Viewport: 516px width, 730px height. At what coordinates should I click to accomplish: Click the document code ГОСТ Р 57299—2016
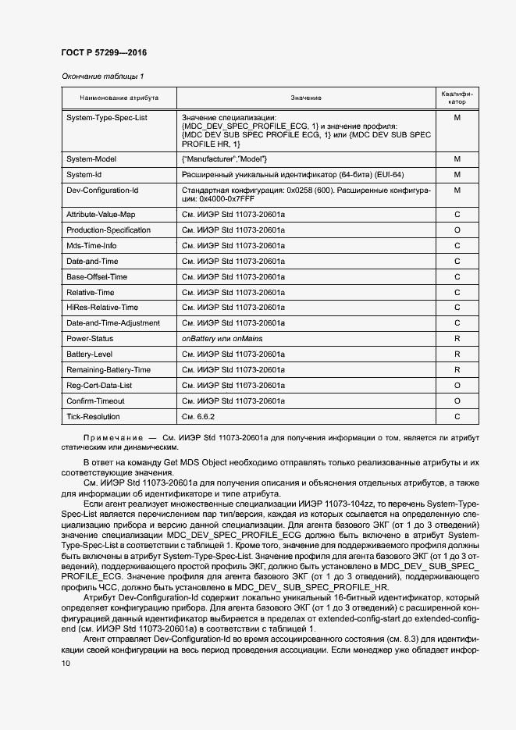pos(104,53)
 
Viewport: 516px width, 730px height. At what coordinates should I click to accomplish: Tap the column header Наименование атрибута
pos(119,98)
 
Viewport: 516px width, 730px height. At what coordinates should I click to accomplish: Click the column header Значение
pos(306,98)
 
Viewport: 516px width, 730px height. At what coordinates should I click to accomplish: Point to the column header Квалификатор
pos(457,98)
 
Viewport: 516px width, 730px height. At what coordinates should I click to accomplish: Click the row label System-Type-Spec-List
pos(107,117)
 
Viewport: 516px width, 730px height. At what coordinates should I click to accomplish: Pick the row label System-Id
pos(84,174)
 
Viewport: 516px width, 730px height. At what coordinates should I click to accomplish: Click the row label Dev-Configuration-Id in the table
pos(102,190)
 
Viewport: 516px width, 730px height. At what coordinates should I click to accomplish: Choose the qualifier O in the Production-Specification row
pos(457,230)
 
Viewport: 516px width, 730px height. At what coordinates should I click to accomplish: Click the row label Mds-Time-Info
pos(91,246)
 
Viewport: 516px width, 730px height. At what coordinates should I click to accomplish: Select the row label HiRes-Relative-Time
pos(102,308)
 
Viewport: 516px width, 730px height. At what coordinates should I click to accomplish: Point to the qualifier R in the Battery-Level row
pos(457,354)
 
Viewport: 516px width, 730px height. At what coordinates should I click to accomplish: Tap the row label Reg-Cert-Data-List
pos(99,386)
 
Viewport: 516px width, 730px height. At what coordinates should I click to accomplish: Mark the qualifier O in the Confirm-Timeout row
pos(457,401)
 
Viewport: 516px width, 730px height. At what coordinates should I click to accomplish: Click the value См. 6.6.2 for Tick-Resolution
pos(198,417)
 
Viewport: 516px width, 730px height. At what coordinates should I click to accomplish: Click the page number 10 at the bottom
pos(66,663)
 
